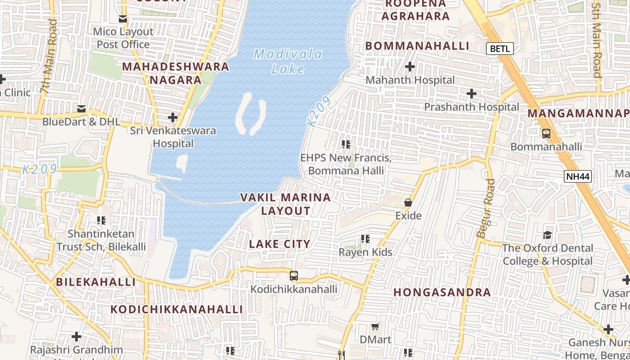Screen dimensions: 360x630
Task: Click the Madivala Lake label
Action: click(x=288, y=62)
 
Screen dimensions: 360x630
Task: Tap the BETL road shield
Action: click(x=499, y=49)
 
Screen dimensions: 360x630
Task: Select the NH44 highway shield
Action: click(x=577, y=176)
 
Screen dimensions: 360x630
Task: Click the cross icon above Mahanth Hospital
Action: click(x=409, y=67)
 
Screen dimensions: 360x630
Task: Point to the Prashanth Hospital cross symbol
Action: click(x=471, y=94)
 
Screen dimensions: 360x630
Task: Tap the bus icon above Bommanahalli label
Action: click(x=546, y=133)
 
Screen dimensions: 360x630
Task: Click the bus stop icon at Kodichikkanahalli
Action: click(x=293, y=275)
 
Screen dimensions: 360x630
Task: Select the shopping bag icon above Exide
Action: click(x=408, y=202)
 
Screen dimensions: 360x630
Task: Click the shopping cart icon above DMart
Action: click(x=375, y=326)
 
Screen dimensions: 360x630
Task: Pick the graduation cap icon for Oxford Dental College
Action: click(x=547, y=235)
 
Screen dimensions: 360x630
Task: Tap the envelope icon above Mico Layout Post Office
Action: click(x=122, y=18)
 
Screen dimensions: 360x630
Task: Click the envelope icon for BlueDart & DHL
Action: click(x=81, y=108)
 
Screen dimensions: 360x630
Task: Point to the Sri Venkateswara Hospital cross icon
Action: click(x=173, y=117)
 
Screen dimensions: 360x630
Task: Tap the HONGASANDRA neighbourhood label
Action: click(x=442, y=292)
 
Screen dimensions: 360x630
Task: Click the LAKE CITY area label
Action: click(x=279, y=244)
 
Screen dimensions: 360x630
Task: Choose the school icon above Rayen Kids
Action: click(x=365, y=239)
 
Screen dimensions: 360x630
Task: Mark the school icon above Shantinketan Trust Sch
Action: click(x=101, y=220)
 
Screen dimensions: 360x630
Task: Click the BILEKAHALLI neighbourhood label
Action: click(x=95, y=282)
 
